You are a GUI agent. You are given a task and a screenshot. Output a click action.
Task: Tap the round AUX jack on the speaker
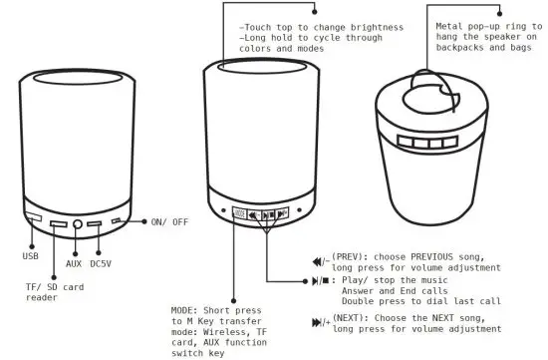click(77, 222)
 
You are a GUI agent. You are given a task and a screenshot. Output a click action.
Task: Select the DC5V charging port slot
click(95, 222)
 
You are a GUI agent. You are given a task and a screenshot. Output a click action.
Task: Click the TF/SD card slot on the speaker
click(58, 222)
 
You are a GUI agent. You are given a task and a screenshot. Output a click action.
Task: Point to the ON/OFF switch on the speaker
click(118, 220)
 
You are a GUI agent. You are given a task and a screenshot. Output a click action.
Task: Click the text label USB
click(29, 256)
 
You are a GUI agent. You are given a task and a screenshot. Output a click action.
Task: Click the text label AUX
click(74, 264)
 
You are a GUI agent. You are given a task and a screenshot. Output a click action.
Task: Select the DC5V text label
click(102, 264)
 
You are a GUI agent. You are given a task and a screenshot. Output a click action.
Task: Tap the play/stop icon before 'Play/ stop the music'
click(320, 282)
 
